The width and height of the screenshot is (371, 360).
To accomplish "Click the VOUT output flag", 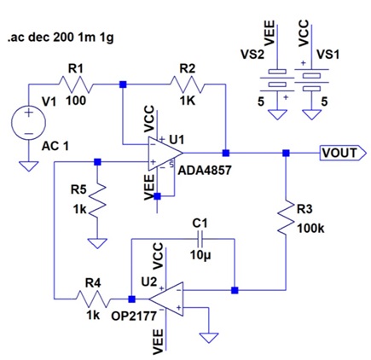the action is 344,153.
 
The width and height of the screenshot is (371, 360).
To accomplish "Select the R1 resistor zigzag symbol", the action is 76,84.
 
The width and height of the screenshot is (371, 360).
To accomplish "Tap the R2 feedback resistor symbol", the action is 187,84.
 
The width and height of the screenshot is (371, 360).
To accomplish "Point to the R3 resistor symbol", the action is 286,218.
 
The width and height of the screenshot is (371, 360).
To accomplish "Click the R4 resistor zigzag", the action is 93,299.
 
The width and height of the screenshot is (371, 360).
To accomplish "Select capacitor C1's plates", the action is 200,239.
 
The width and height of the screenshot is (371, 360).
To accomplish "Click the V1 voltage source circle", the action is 28,123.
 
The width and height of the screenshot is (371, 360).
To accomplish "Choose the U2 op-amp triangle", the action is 166,299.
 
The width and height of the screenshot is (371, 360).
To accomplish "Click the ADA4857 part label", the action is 205,171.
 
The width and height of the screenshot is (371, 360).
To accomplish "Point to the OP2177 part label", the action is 134,316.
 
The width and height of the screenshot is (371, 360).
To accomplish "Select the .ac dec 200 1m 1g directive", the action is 61,38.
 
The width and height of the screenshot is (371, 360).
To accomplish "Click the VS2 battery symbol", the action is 277,78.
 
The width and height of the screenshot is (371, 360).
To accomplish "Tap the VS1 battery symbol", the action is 312,78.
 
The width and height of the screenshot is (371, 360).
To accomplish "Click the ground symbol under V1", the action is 28,166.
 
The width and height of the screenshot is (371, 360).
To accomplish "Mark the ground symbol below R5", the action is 97,243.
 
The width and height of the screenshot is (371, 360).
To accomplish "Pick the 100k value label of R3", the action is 310,228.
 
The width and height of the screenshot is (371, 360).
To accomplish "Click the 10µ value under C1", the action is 200,255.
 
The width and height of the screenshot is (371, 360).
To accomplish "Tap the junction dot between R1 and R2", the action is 123,84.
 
